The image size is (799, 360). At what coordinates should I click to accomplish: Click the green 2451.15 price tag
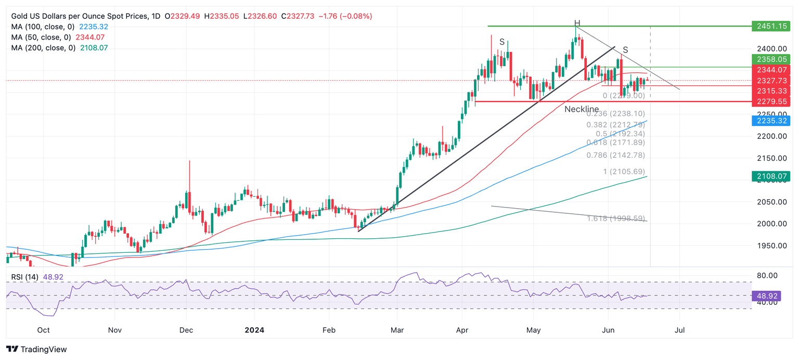771,26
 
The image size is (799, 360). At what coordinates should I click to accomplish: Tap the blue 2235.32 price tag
771,121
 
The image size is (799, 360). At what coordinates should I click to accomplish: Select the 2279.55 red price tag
771,101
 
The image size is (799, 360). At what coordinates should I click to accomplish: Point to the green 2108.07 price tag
771,176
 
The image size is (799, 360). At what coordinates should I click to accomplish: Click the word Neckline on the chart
582,109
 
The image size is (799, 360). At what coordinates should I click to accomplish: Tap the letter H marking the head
577,23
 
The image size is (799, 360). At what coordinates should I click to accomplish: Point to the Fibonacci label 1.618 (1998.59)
616,218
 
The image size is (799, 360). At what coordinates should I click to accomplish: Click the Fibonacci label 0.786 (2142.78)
615,155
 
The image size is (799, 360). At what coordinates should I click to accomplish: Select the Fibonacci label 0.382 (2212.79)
615,125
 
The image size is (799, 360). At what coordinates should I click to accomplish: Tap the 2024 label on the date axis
254,330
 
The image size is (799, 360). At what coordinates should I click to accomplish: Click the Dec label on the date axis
186,330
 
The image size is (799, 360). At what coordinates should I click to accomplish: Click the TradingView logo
36,350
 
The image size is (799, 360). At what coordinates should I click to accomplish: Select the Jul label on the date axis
679,330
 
